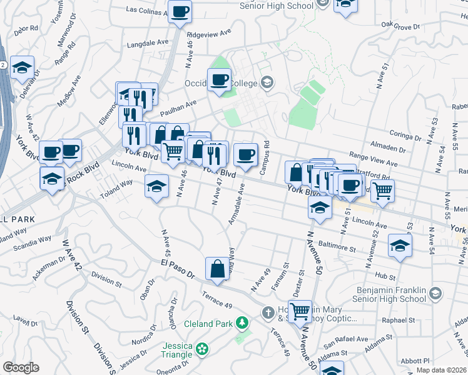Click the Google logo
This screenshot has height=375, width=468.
21,367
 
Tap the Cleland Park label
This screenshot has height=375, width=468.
208,324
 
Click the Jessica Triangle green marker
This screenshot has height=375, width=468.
201,348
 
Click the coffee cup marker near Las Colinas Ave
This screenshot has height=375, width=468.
180,11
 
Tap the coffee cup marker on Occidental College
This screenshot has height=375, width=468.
219,80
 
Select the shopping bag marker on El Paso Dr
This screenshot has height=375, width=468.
216,269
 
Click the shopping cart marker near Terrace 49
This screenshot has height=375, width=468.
300,310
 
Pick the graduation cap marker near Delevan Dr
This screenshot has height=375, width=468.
23,67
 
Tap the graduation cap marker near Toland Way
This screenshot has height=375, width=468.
156,186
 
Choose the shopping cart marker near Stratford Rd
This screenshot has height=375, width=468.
382,190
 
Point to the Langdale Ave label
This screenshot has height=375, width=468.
148,42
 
